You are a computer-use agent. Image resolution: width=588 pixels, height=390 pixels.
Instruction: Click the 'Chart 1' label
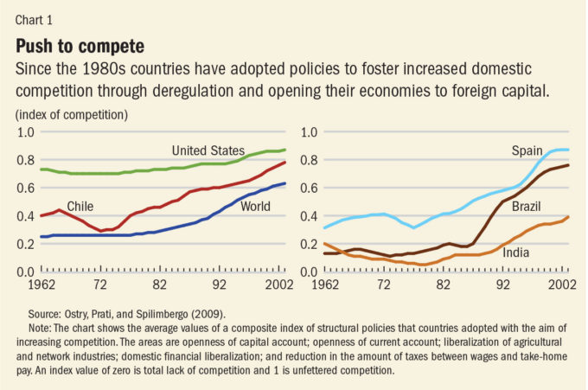pyautogui.click(x=35, y=14)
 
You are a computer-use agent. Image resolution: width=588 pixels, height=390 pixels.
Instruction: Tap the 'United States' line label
pyautogui.click(x=208, y=150)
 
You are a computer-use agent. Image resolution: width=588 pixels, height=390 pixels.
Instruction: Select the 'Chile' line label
pyautogui.click(x=79, y=207)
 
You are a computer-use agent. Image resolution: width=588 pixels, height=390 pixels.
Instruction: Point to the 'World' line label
pyautogui.click(x=256, y=207)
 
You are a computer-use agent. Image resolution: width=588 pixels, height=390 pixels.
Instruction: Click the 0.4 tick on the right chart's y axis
pyautogui.click(x=309, y=215)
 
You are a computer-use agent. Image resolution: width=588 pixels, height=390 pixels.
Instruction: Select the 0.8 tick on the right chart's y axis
pyautogui.click(x=309, y=160)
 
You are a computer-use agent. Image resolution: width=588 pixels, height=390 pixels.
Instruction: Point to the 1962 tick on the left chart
pyautogui.click(x=33, y=284)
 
